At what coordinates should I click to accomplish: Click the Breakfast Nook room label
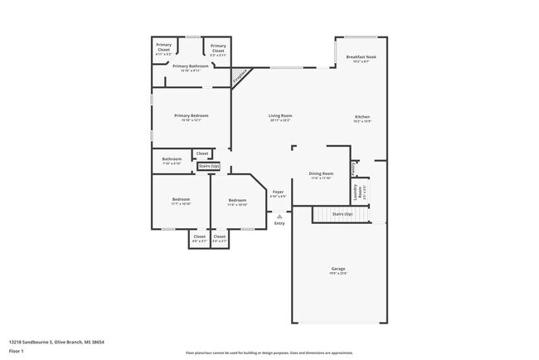coord(360,56)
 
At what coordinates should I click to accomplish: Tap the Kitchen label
coord(362,116)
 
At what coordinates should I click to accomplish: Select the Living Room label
coord(279,115)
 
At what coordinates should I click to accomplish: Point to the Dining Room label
coord(321,173)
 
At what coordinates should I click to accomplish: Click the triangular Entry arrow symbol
coord(279,216)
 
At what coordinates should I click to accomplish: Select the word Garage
coord(338,268)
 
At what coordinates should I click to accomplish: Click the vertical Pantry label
coord(354,168)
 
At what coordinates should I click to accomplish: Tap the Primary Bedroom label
coord(191,115)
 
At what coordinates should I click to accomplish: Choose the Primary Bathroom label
coord(191,66)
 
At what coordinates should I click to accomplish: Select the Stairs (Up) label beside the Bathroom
coord(209,166)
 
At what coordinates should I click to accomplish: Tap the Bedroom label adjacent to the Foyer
coord(238,200)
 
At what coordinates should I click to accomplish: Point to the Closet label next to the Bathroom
coord(202,153)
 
